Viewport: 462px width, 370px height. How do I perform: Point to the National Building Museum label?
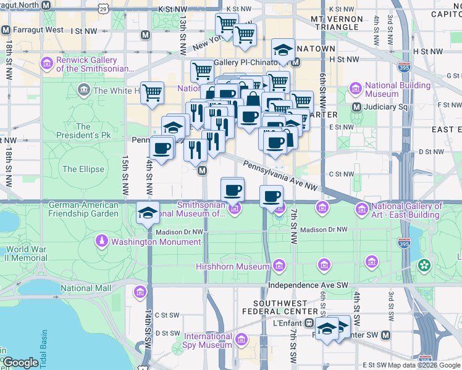pyautogui.click(x=389, y=90)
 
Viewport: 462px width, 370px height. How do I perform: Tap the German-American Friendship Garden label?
pyautogui.click(x=83, y=209)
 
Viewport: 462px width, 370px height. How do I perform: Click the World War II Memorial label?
pyautogui.click(x=26, y=253)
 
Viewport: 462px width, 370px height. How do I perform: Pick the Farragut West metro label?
pyautogui.click(x=36, y=30)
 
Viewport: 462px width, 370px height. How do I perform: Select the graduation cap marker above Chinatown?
pyautogui.click(x=283, y=50)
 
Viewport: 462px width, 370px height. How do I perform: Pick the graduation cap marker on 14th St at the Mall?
pyautogui.click(x=148, y=212)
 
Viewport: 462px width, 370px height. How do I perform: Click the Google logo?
pyautogui.click(x=21, y=363)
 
